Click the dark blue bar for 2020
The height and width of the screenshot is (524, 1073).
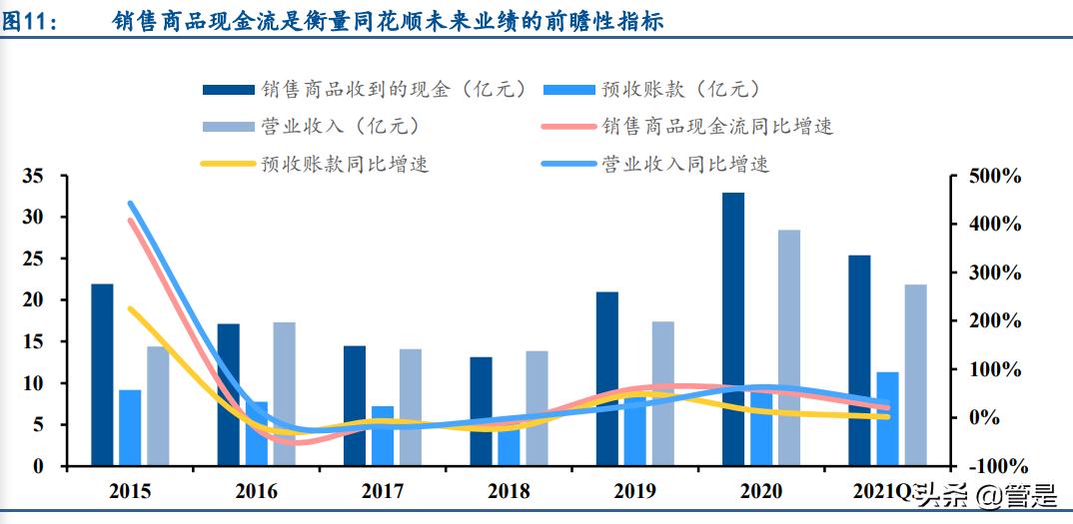(x=733, y=329)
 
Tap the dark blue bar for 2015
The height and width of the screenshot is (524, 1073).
(x=102, y=374)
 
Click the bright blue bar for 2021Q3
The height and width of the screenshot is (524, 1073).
(x=887, y=418)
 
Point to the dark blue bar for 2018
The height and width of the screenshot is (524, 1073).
(x=481, y=411)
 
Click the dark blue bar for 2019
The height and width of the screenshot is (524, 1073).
(x=606, y=378)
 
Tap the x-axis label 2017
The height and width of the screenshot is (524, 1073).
(x=382, y=492)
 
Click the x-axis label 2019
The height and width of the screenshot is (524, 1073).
(x=634, y=492)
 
